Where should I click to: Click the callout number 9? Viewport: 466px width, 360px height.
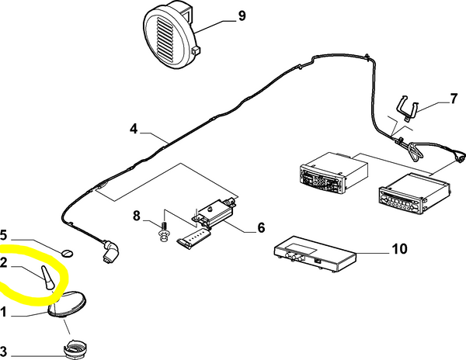pos(242,16)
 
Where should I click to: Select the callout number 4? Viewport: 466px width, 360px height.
pos(134,129)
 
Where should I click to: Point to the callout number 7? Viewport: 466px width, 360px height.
pos(454,99)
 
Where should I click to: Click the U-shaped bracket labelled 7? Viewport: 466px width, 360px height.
pos(408,107)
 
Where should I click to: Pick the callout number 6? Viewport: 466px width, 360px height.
pos(261,227)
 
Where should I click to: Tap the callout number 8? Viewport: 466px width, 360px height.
pos(137,216)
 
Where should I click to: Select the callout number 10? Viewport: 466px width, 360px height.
pos(400,249)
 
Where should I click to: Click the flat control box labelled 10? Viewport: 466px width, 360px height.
pos(315,254)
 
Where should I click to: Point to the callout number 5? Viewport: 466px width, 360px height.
pos(3,235)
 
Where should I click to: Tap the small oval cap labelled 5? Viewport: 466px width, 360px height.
pos(68,254)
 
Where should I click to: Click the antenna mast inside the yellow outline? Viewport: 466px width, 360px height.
pos(47,277)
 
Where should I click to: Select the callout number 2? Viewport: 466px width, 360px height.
pos(3,263)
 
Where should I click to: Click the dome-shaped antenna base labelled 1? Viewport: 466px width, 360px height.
pos(67,305)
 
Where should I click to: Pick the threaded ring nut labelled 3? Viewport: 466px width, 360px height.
pos(75,349)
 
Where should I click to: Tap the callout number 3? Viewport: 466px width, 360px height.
pos(3,351)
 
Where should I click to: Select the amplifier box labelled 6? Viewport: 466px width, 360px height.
pos(215,213)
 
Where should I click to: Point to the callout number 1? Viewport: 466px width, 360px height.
pos(3,312)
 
